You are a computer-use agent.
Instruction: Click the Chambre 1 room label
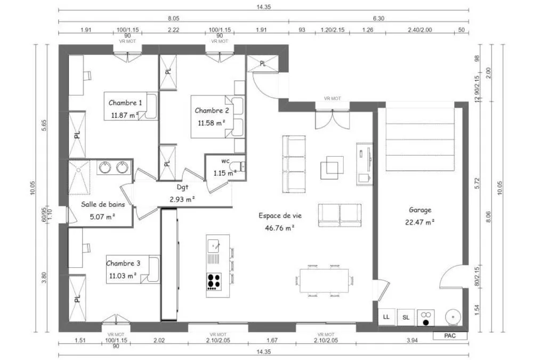point(125,103)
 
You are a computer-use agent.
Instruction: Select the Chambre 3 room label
point(123,263)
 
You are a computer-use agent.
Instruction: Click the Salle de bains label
point(103,204)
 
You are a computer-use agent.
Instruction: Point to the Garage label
point(420,210)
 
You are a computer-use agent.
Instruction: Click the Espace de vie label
point(280,215)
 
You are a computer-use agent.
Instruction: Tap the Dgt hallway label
point(182,187)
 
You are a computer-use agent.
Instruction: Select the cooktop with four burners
point(214,282)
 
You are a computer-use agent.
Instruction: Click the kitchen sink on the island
point(214,245)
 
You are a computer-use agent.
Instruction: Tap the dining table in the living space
point(324,281)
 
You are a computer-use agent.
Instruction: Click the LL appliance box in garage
point(386,317)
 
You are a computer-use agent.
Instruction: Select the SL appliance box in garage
point(406,317)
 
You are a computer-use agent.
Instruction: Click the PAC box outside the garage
point(450,336)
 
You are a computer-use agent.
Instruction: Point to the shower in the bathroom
point(79,177)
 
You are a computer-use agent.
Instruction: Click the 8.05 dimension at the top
point(173,18)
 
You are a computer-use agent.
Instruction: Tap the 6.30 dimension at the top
point(378,18)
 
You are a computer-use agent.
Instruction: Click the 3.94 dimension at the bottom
point(412,340)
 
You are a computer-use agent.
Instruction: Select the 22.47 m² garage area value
point(420,222)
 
